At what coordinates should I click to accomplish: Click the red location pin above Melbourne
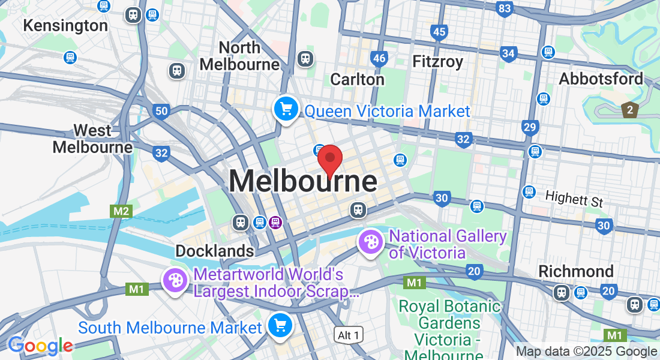(x=329, y=160)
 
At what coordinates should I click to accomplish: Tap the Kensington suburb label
(x=65, y=26)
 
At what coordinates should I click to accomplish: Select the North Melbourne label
(x=239, y=56)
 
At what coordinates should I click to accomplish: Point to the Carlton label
(x=357, y=79)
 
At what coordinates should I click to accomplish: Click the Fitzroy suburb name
(x=438, y=61)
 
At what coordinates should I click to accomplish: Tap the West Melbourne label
(x=92, y=139)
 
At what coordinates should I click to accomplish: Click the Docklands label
(x=214, y=251)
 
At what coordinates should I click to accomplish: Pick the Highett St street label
(x=574, y=198)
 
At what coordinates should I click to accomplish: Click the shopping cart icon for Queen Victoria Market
(x=286, y=109)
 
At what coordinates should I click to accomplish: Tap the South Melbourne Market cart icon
(x=280, y=326)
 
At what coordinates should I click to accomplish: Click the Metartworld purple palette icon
(x=175, y=280)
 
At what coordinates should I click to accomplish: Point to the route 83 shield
(x=505, y=8)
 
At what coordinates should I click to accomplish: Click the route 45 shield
(x=439, y=32)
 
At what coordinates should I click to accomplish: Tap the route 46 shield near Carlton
(x=379, y=58)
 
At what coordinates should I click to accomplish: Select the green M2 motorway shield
(x=121, y=211)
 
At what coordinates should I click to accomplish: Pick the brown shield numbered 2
(x=629, y=110)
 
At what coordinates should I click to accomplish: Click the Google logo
(x=40, y=346)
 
